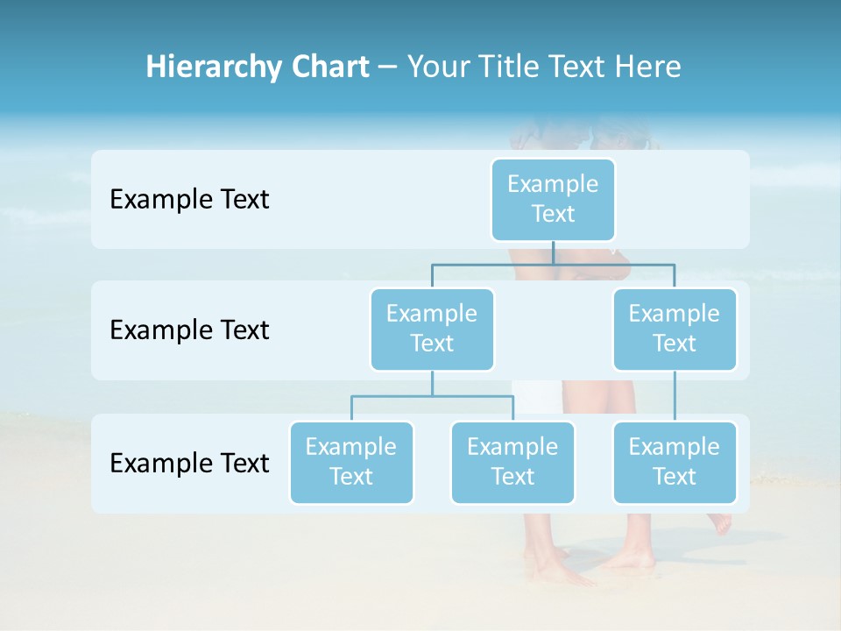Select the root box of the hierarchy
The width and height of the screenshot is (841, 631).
tap(553, 199)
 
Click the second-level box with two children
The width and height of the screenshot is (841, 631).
tap(432, 329)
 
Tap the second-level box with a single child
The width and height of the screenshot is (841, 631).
tap(675, 329)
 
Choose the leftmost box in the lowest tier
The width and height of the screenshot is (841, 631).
tap(351, 462)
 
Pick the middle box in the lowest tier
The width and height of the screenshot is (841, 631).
tap(512, 462)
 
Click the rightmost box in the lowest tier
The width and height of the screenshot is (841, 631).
tap(675, 462)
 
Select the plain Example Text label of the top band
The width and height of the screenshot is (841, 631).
tap(189, 200)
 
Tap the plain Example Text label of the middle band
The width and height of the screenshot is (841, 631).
tap(189, 330)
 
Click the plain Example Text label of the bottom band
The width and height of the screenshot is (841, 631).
tap(189, 463)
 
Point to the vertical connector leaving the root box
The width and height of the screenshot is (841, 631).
tap(553, 252)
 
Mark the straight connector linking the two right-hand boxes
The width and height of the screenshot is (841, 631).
tap(675, 396)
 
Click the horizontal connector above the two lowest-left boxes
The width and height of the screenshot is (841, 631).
tap(432, 396)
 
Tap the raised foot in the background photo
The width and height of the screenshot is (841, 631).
tap(720, 523)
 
